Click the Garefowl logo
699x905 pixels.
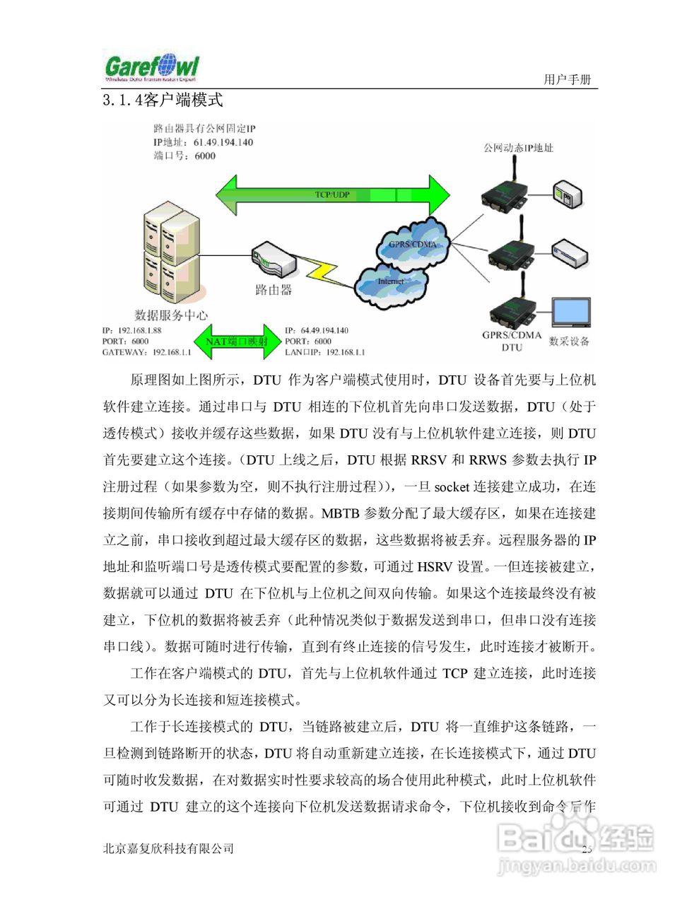click(152, 68)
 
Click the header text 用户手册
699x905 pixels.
click(567, 79)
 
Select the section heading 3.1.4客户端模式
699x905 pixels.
click(163, 100)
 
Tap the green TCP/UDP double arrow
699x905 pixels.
click(332, 194)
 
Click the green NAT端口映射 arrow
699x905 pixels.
click(237, 341)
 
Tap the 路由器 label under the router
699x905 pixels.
click(273, 289)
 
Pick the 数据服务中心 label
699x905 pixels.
click(171, 315)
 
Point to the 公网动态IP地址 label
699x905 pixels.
click(518, 148)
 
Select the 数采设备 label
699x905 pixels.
click(569, 341)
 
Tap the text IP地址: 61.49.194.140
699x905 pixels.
click(203, 142)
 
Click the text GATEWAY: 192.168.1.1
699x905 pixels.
click(146, 352)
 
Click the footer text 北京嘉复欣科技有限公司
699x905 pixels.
click(168, 848)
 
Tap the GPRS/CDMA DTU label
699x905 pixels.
click(512, 341)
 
